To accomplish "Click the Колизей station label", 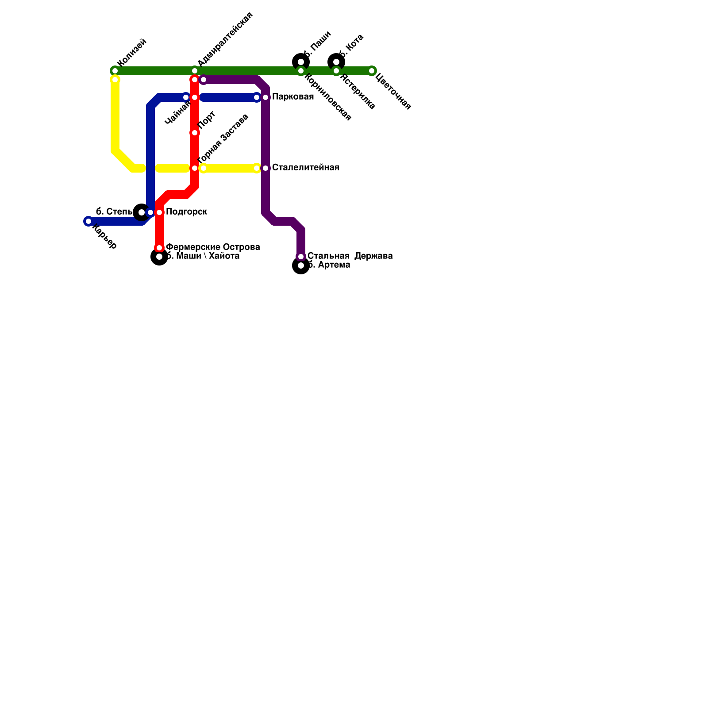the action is tap(132, 53).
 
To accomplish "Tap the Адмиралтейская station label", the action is tap(225, 39).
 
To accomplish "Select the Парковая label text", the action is tap(293, 97).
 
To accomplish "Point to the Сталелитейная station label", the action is tap(305, 168).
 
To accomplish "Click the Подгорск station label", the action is tap(186, 212).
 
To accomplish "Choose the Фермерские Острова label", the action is tap(213, 247).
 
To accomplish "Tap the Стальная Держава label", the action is tap(350, 256).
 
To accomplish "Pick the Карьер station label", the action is tap(104, 238).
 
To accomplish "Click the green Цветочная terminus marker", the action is tap(372, 71).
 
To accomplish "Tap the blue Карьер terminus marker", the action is tap(88, 221).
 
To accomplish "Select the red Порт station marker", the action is tap(195, 133).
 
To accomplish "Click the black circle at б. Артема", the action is tap(301, 265).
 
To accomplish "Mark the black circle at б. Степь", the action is tap(141, 212).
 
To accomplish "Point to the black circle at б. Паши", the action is tap(301, 62).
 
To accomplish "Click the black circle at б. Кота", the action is tap(336, 62).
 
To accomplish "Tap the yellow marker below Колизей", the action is tap(115, 80).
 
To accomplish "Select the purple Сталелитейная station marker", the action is tap(265, 168).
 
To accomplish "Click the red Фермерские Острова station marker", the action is tap(159, 248).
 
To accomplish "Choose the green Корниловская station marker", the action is tap(301, 71).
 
